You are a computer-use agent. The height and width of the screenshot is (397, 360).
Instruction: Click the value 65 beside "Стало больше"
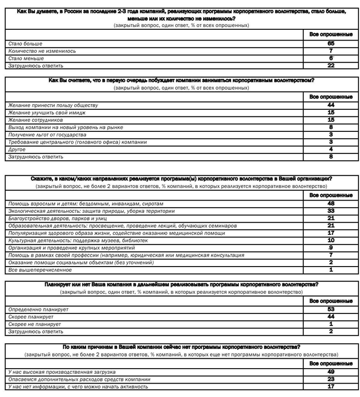(x=331, y=44)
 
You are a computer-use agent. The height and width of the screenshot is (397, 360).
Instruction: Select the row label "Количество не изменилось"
(x=42, y=51)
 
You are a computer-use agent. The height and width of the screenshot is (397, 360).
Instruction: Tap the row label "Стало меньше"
(x=26, y=59)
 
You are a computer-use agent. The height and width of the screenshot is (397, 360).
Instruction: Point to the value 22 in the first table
(x=331, y=66)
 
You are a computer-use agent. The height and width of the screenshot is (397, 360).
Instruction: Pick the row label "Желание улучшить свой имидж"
(x=47, y=113)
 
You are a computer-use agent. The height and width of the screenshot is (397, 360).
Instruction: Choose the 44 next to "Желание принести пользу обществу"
(x=331, y=105)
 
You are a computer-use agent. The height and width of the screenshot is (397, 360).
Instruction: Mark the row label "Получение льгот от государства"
(x=47, y=135)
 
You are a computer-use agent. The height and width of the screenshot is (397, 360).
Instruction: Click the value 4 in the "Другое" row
(x=331, y=149)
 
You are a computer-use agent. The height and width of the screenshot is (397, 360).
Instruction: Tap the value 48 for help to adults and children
(x=331, y=204)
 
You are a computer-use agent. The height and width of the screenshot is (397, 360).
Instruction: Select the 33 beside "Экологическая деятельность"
(x=331, y=211)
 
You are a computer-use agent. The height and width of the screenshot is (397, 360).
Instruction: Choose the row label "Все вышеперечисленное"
(x=40, y=270)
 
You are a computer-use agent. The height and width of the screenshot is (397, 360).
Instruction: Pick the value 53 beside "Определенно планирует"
(x=331, y=310)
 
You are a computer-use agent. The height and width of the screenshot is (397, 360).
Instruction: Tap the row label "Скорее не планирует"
(x=34, y=324)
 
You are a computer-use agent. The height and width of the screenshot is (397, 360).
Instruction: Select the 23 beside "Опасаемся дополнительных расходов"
(x=331, y=379)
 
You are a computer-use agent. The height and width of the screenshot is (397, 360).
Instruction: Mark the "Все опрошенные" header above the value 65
(x=331, y=34)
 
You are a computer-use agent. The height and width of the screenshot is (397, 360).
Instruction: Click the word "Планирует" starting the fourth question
(x=56, y=285)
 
